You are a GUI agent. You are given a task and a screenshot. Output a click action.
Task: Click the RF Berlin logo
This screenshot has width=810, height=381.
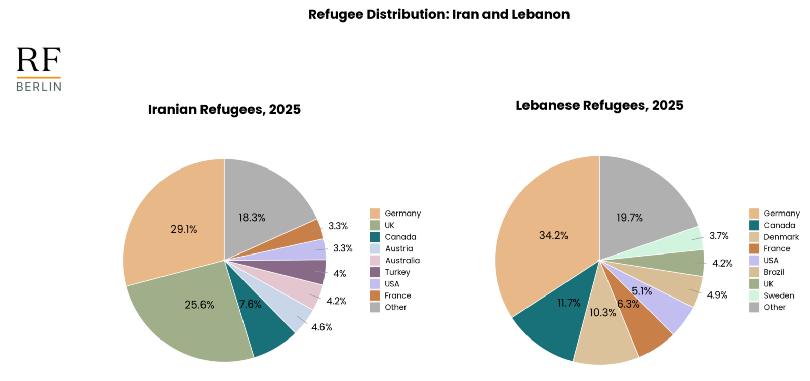pos(38,69)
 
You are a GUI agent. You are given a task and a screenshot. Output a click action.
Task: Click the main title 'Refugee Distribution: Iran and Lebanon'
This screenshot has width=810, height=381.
pos(439,14)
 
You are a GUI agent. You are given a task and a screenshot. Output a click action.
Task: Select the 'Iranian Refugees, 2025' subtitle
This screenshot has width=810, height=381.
pos(224,109)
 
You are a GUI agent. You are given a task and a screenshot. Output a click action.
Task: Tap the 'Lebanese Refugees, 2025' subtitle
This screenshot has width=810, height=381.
pos(599,105)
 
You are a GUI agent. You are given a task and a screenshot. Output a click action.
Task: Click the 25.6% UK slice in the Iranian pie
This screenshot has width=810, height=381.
pos(192,314)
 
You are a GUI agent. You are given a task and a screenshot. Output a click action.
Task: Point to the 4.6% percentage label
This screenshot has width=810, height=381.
pos(321,327)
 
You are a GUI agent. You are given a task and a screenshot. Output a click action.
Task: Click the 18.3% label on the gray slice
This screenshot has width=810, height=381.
pos(252,218)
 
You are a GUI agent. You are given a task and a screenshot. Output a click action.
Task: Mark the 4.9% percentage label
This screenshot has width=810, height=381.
pos(717,295)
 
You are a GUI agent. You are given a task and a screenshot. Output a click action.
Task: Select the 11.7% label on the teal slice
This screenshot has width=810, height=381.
pos(569,303)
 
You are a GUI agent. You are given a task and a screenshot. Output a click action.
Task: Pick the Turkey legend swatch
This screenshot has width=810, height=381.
pos(375,272)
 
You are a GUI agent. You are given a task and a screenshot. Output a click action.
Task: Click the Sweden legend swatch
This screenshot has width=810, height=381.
pos(754,295)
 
